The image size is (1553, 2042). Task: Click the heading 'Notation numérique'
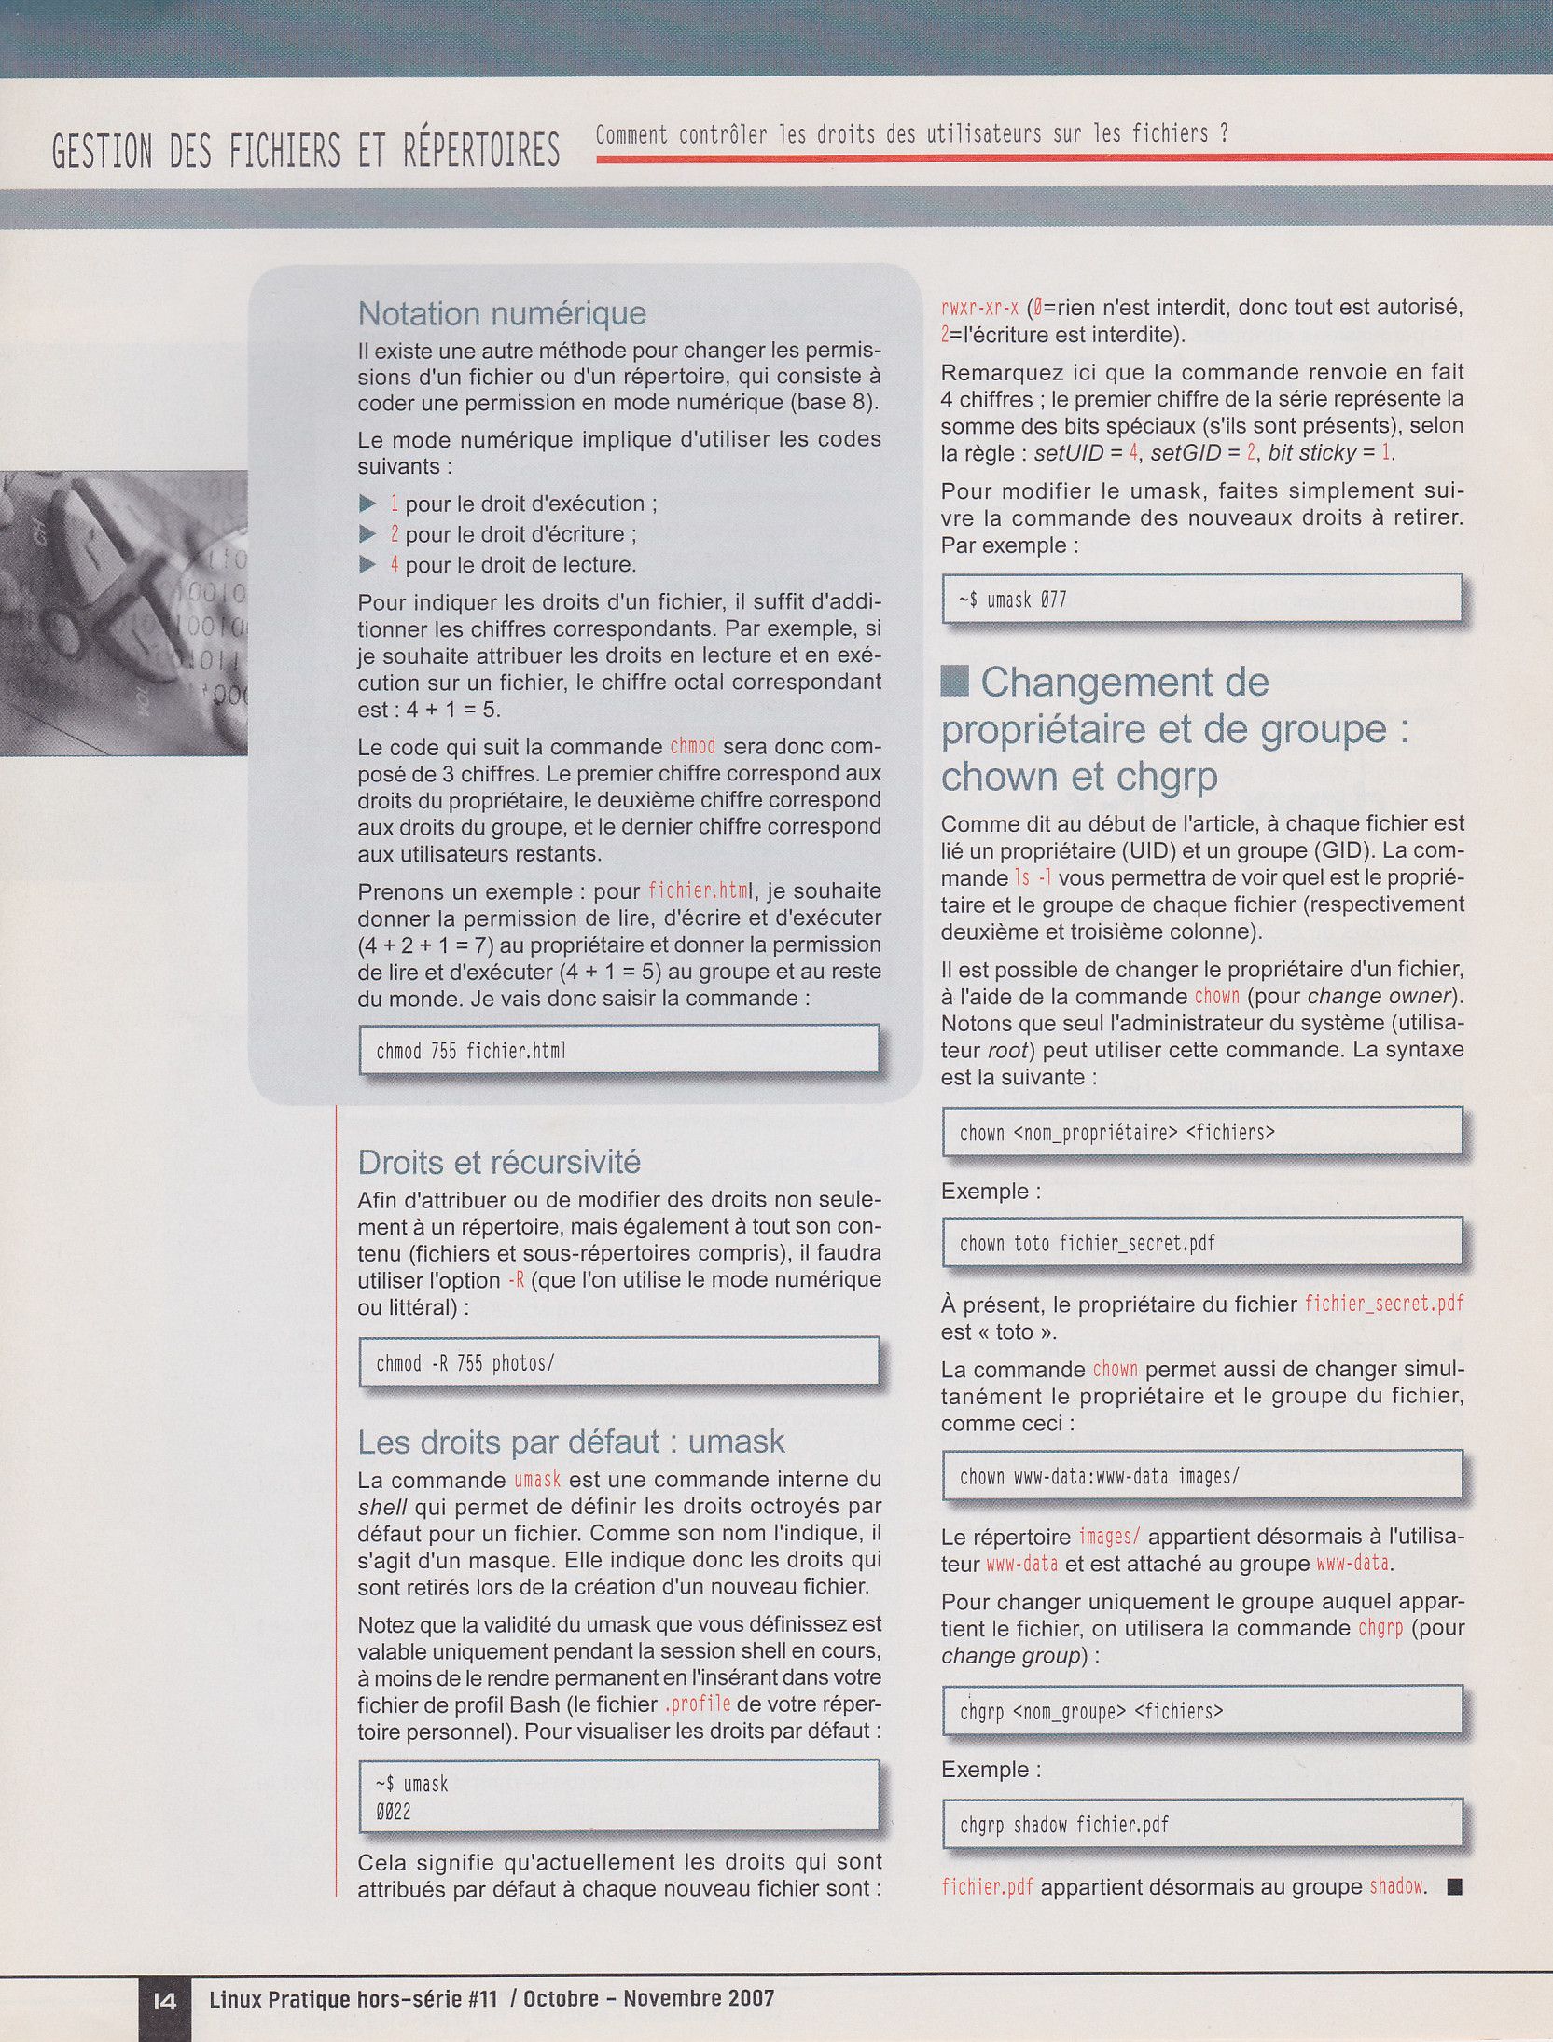[502, 313]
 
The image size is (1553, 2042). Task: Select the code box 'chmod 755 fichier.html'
[618, 1051]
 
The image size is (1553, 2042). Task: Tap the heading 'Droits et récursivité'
[499, 1162]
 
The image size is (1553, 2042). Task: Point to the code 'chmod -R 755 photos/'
[465, 1363]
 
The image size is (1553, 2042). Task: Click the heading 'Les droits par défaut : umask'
[571, 1442]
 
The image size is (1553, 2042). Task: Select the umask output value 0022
[393, 1812]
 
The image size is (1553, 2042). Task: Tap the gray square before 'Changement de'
[954, 682]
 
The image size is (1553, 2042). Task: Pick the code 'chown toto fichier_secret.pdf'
[1087, 1243]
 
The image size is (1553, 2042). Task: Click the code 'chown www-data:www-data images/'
[1099, 1476]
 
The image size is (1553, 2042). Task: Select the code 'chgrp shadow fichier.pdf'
[1063, 1825]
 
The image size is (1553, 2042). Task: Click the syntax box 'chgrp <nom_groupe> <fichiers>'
[1091, 1711]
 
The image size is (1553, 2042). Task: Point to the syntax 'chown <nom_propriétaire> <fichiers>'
[1116, 1133]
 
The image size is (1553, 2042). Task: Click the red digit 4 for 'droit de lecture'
[395, 564]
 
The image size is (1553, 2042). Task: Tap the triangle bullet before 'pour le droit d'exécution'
[367, 504]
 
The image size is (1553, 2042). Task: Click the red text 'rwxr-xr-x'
[979, 307]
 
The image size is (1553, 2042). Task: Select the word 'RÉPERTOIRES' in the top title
[481, 152]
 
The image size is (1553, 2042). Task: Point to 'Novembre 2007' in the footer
[699, 1998]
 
